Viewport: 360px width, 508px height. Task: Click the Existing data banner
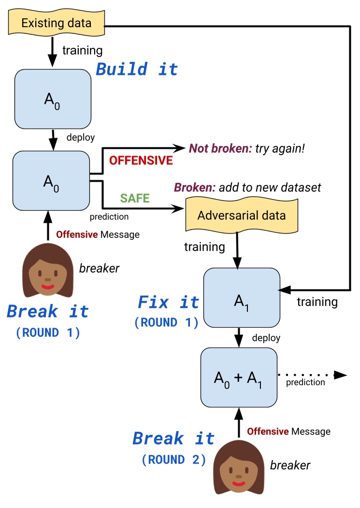(57, 23)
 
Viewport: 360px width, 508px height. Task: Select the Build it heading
(137, 69)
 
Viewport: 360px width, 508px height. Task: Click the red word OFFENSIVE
(141, 160)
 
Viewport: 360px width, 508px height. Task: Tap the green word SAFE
(135, 197)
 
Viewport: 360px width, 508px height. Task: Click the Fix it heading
(168, 303)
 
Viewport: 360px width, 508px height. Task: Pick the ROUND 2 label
(174, 460)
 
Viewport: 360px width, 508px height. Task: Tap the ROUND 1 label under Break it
(48, 333)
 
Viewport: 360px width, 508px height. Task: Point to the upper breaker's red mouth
(47, 287)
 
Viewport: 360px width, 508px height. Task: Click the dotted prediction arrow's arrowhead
(341, 375)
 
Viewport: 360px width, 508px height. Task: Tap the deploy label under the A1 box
(266, 337)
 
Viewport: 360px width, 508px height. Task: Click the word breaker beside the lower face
(290, 465)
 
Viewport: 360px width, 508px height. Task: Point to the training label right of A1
(317, 302)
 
